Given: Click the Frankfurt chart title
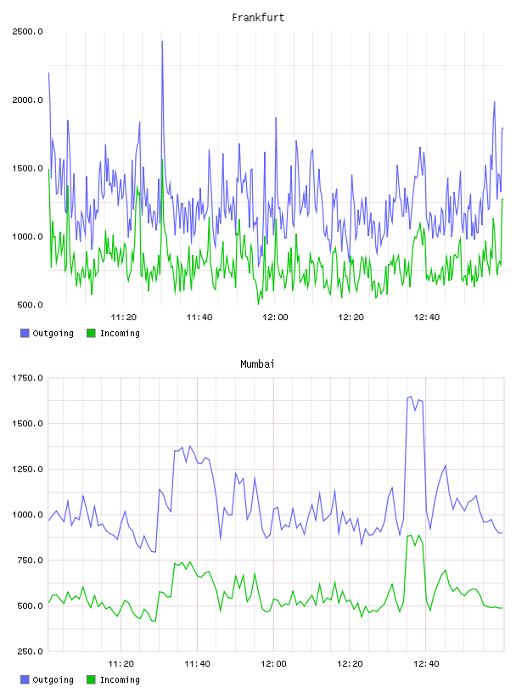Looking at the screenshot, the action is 258,18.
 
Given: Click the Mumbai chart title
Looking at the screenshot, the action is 257,364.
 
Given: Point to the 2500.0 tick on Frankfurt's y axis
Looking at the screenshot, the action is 27,31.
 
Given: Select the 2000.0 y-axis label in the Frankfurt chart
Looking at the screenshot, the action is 27,100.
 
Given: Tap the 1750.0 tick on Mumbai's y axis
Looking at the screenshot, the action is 27,378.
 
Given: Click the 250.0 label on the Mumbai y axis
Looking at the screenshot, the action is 30,651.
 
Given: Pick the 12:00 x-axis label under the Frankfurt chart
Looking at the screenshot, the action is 275,317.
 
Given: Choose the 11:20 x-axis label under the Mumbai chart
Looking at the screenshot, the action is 121,663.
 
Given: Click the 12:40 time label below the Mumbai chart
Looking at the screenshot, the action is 426,663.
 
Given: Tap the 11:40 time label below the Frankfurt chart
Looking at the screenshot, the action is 199,317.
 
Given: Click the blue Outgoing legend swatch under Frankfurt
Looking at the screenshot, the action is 25,333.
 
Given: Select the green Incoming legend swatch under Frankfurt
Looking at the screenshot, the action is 91,333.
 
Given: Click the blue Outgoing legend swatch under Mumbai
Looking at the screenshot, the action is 25,679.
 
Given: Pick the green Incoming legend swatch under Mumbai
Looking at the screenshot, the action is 91,679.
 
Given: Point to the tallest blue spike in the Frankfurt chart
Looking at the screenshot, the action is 162,42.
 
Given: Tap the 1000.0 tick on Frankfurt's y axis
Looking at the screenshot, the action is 27,236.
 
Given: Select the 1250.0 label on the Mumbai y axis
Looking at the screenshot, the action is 27,469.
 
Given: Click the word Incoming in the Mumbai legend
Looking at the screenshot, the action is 120,679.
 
